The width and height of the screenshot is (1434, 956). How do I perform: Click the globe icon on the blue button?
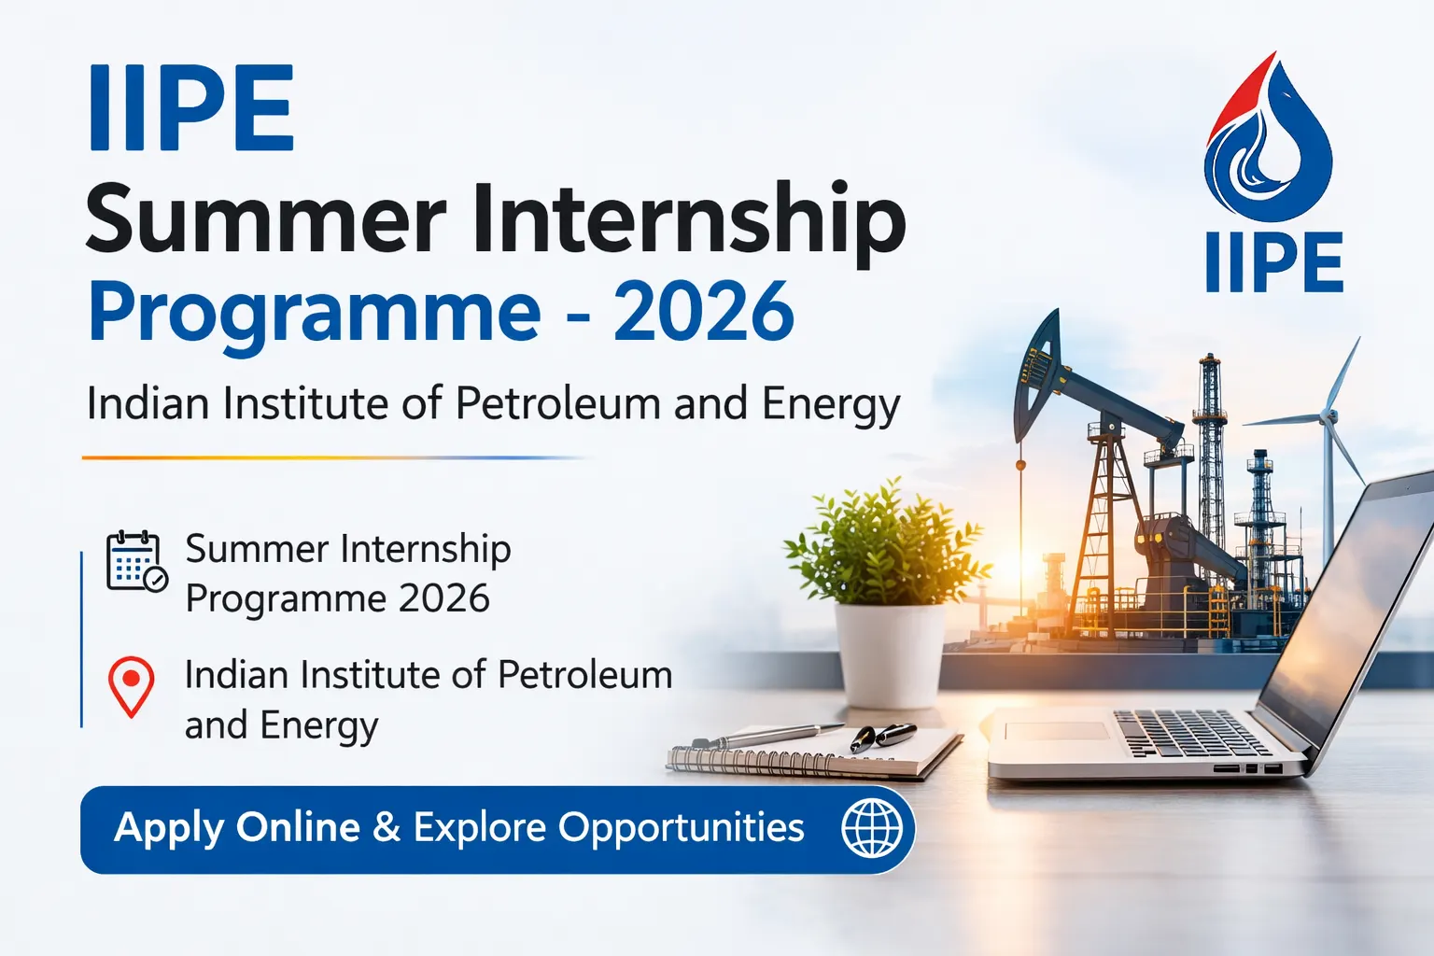coord(872,828)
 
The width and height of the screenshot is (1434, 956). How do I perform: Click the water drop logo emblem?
coord(1268,140)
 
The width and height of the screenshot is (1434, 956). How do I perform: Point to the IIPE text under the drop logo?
coord(1273,262)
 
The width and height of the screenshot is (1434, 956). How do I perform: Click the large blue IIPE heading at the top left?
coord(191,108)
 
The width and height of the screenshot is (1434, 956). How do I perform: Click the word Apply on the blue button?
coord(169,828)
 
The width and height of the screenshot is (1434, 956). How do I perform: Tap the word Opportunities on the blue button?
coord(681,828)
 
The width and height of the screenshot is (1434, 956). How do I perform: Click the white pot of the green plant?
coord(888,653)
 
